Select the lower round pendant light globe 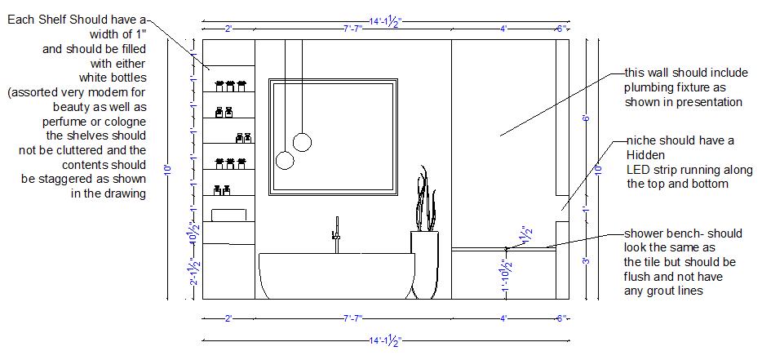[285, 160]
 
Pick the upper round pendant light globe [303, 142]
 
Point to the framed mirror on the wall [333, 137]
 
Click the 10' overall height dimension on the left [167, 169]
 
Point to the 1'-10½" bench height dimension [507, 278]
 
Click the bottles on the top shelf [229, 85]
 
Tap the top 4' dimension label [503, 29]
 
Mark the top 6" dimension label [562, 29]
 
